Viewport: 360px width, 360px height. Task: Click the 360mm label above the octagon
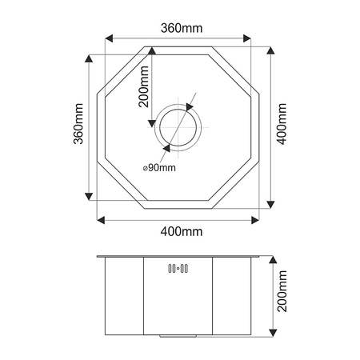(x=180, y=28)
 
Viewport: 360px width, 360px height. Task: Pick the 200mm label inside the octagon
(x=143, y=87)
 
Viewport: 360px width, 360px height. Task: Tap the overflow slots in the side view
(x=177, y=270)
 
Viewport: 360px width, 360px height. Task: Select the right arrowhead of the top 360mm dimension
(x=250, y=38)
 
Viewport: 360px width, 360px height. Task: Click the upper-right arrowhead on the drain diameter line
(x=191, y=105)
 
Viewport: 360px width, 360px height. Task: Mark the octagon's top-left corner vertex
(x=146, y=47)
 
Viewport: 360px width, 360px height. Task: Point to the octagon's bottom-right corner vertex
(x=214, y=206)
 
